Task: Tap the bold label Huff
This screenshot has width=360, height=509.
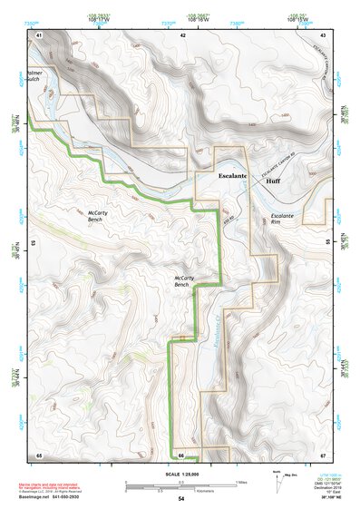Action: click(x=273, y=181)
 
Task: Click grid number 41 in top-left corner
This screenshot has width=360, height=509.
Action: click(x=39, y=34)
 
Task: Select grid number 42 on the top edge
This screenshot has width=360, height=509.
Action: click(x=183, y=34)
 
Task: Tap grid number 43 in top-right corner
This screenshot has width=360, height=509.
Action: click(x=324, y=34)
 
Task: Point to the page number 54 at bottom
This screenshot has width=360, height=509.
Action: click(x=181, y=499)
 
